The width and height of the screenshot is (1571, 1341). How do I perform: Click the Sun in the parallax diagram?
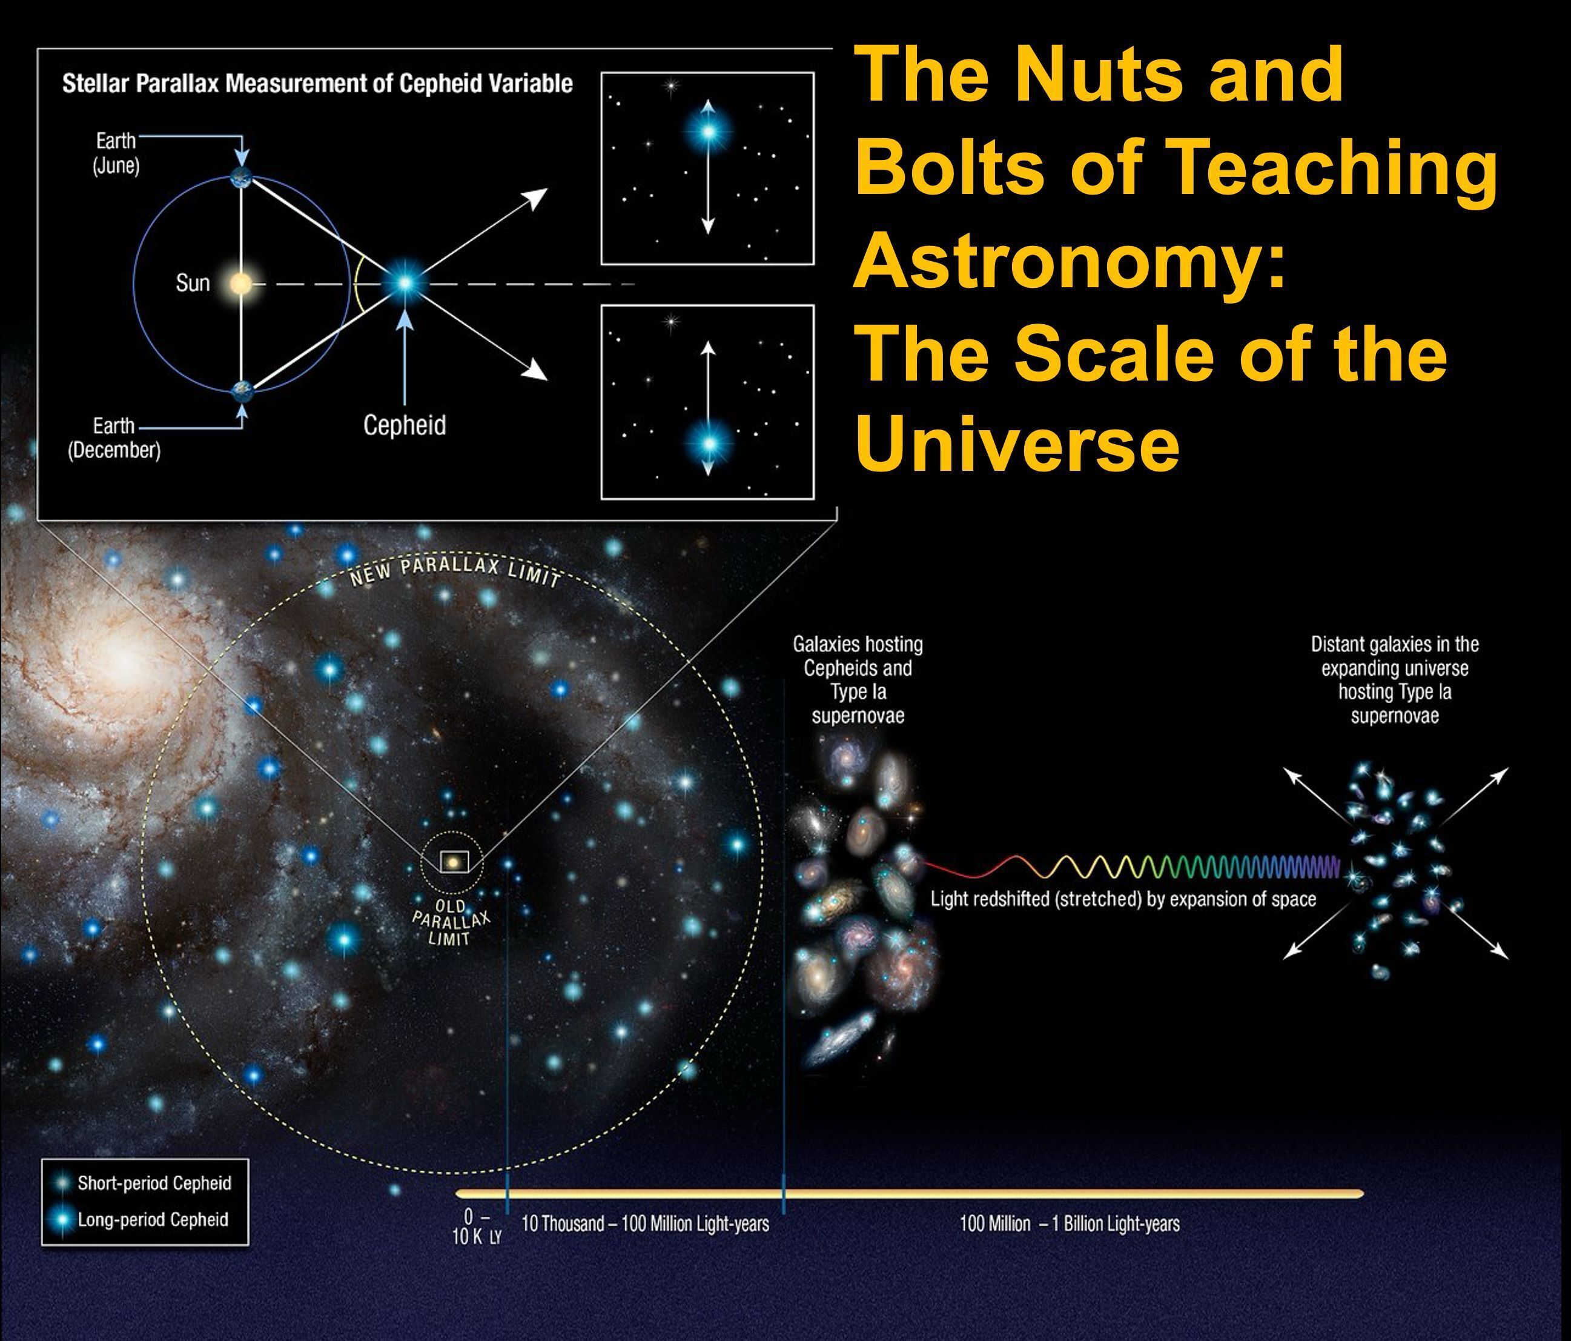[x=240, y=284]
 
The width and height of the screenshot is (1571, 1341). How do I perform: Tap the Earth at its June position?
[x=241, y=177]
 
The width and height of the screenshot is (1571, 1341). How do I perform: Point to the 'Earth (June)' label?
[x=116, y=153]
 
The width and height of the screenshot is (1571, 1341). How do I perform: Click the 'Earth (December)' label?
[x=114, y=438]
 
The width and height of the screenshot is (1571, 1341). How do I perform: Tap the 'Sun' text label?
[x=193, y=284]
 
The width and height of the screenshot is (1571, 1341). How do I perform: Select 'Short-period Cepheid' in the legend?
[x=154, y=1183]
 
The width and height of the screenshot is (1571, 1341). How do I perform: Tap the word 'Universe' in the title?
[x=1017, y=444]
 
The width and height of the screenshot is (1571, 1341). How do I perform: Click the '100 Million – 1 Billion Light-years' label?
[x=1069, y=1223]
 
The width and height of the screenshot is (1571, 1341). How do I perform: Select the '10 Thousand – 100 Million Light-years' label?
[x=645, y=1223]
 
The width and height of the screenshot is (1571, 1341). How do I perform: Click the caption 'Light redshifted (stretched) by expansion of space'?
[x=1123, y=900]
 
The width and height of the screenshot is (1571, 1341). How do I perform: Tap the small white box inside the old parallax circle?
[x=454, y=862]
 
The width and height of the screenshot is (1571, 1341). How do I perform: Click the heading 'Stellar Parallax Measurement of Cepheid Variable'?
[x=317, y=84]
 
